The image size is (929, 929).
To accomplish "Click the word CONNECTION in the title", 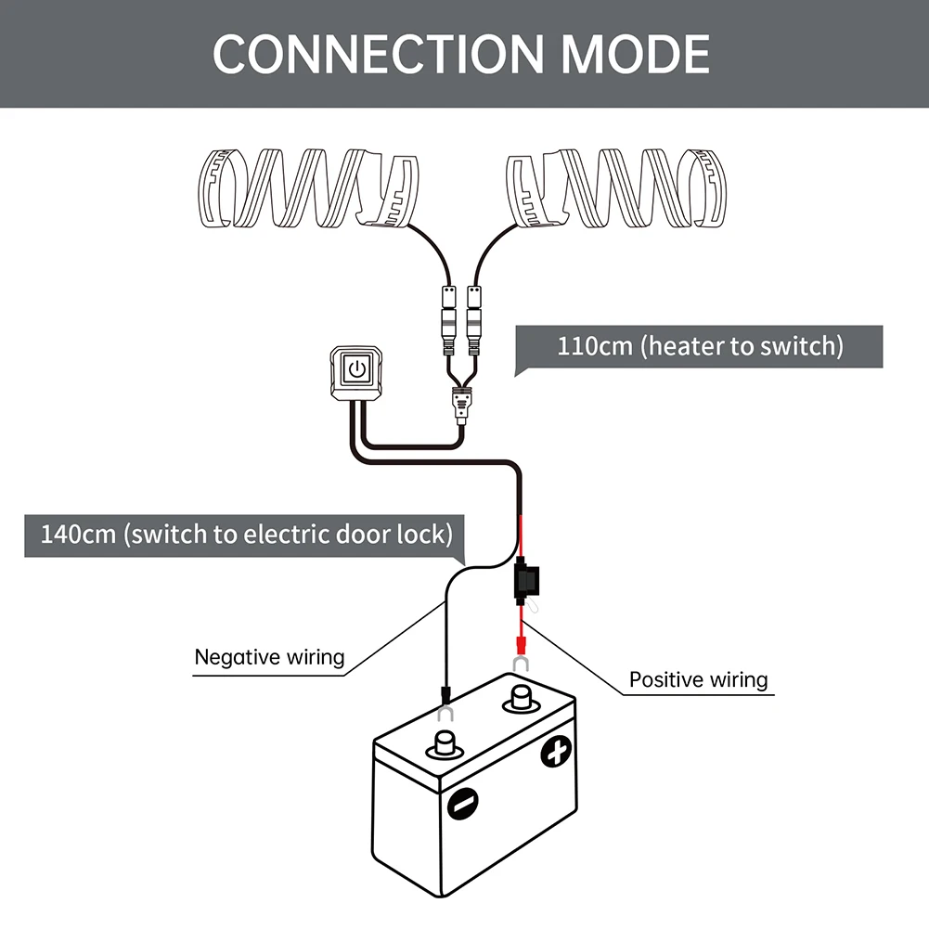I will (377, 55).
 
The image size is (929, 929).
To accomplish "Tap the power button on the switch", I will (355, 369).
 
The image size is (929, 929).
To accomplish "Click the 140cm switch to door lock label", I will (246, 535).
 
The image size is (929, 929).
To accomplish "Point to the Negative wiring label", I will (269, 658).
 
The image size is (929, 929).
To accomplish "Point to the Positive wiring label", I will (699, 679).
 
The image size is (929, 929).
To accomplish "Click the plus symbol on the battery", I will (557, 752).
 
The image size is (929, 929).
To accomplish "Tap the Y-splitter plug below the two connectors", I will (461, 406).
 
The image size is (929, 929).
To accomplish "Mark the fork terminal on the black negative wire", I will (446, 712).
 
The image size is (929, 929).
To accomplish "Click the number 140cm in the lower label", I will (78, 535).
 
